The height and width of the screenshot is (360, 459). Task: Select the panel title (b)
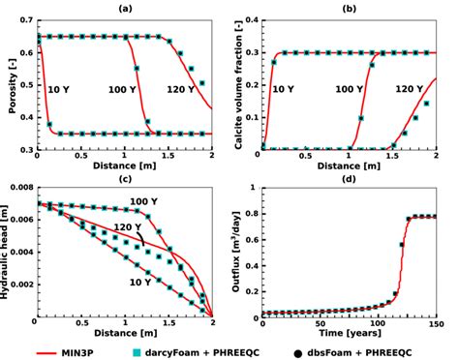(x=348, y=8)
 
